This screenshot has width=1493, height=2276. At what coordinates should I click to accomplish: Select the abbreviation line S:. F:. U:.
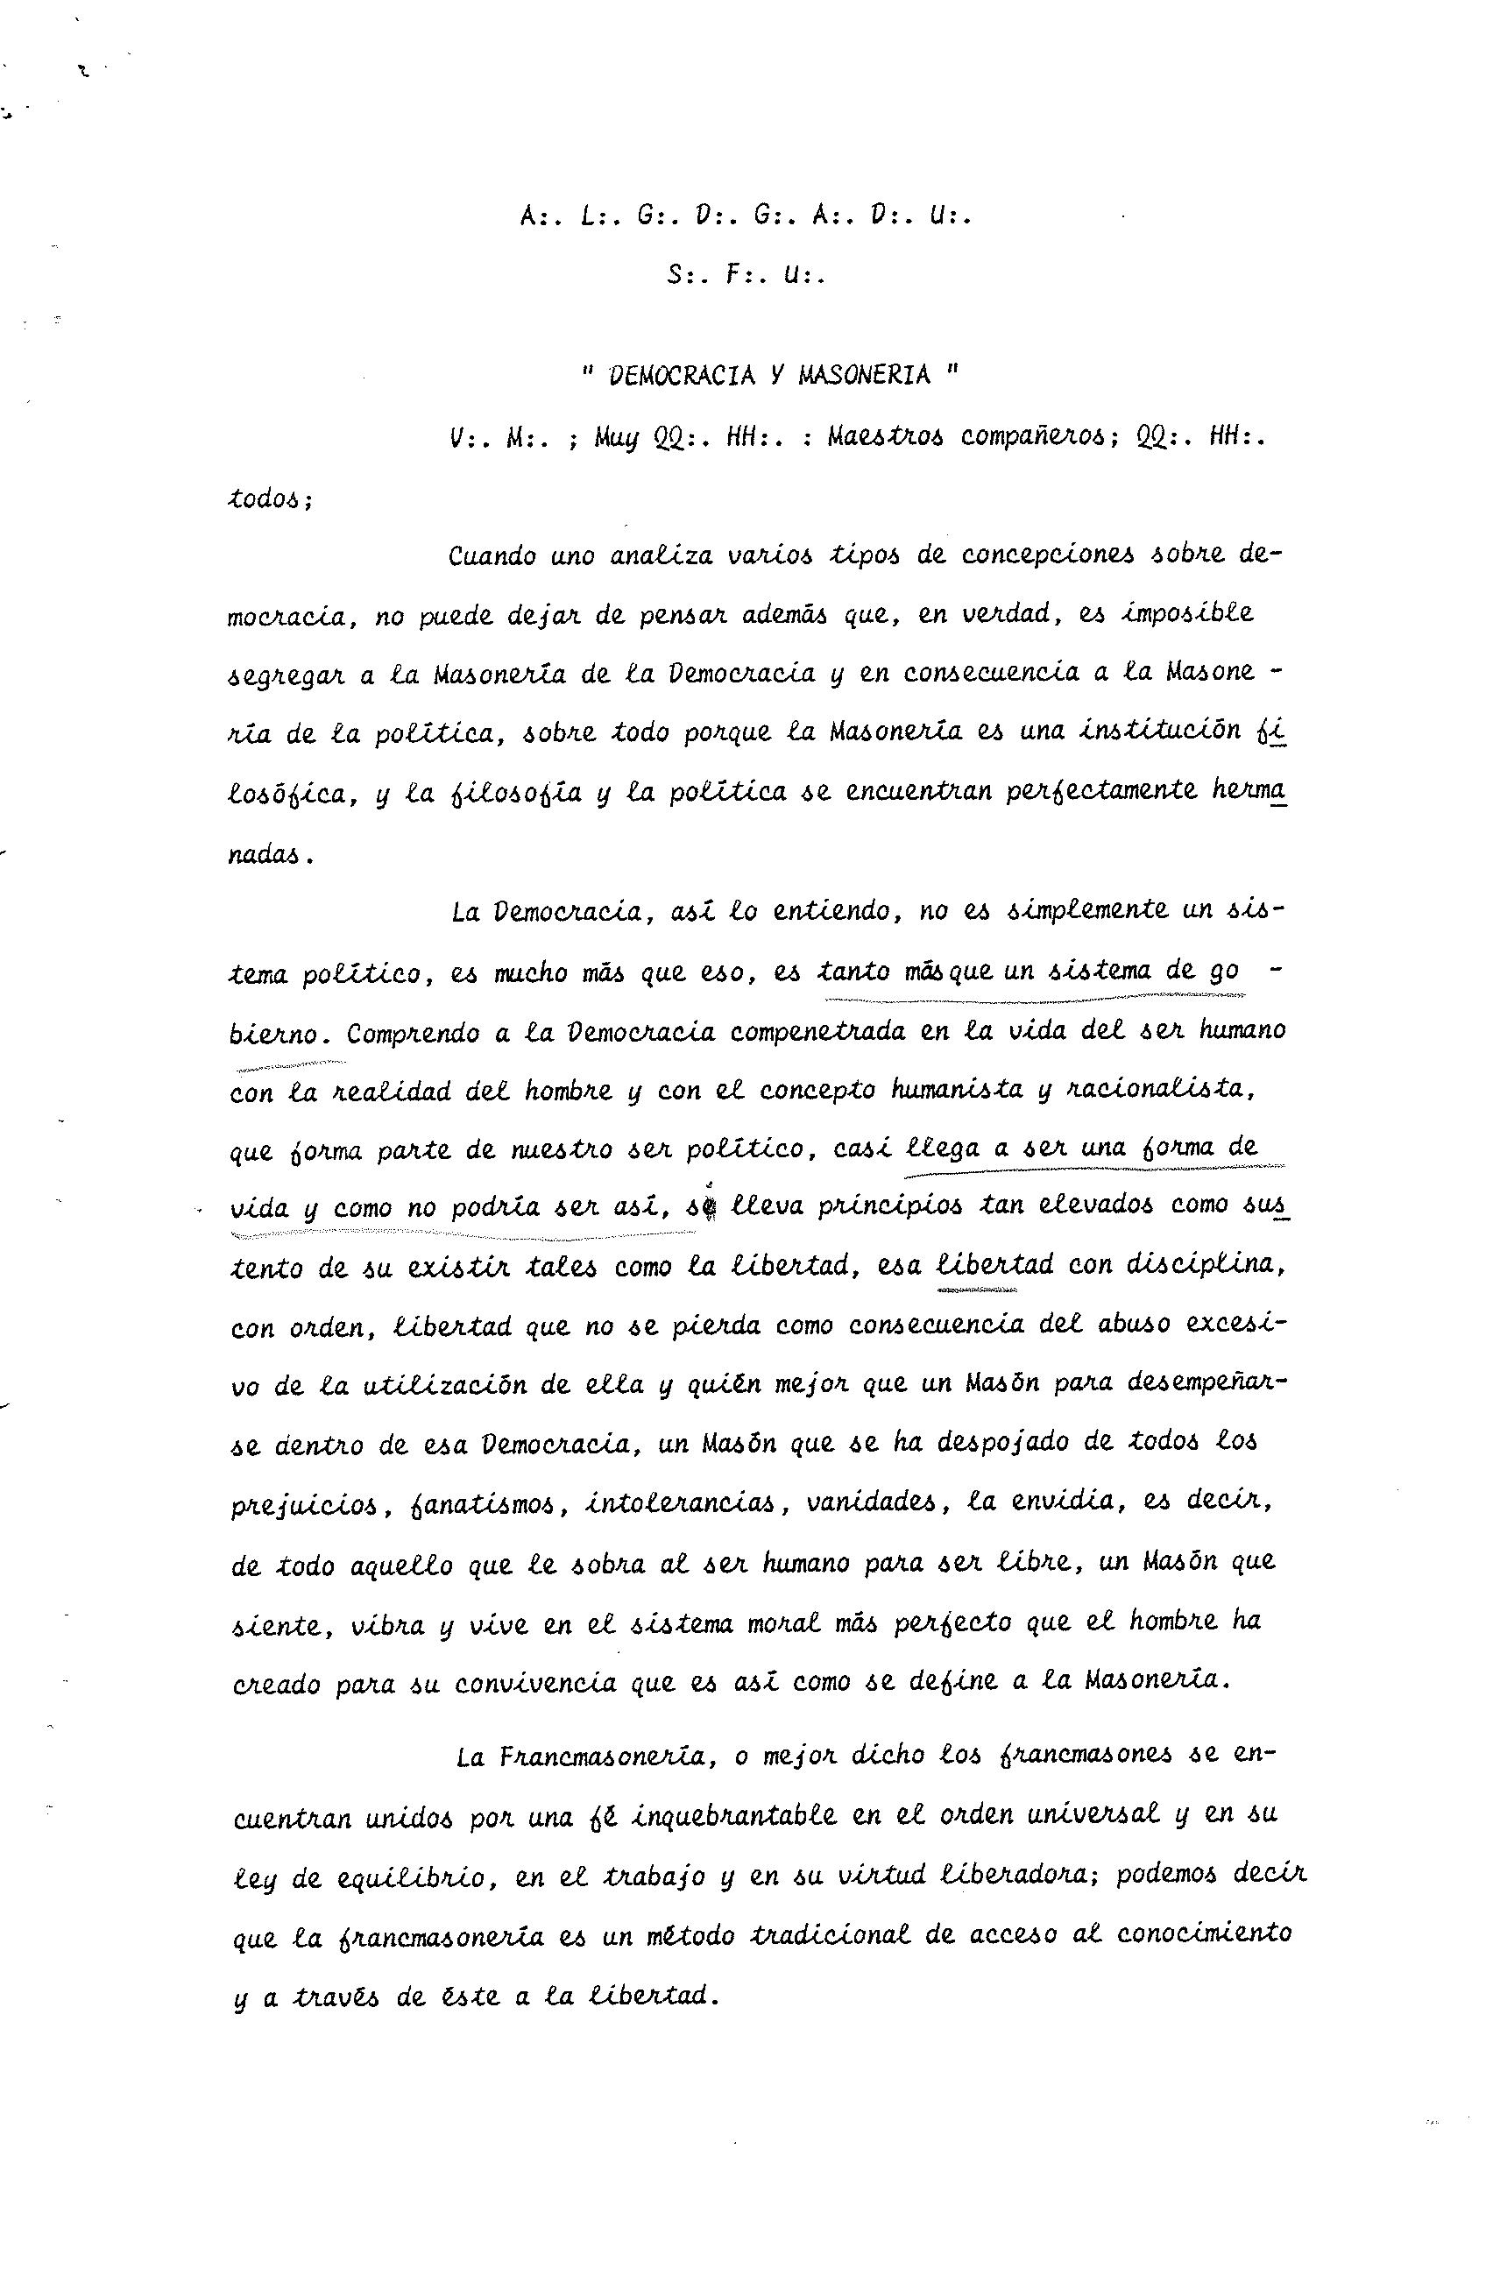pyautogui.click(x=746, y=275)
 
